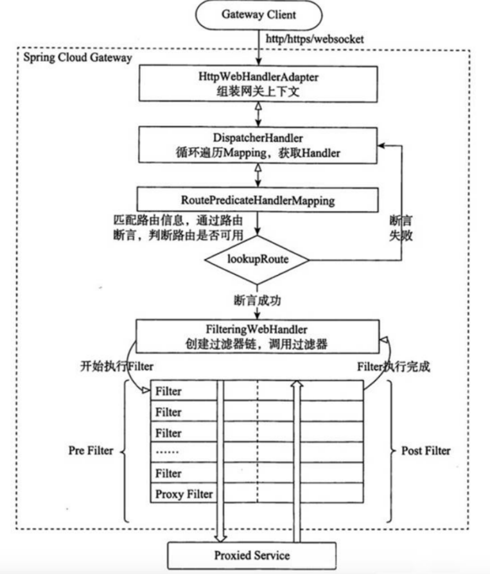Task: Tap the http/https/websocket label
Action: tap(315, 39)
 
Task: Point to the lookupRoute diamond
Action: tap(257, 260)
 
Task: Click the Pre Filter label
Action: tap(90, 451)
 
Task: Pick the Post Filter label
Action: tap(425, 451)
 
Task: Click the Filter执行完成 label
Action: tap(393, 367)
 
